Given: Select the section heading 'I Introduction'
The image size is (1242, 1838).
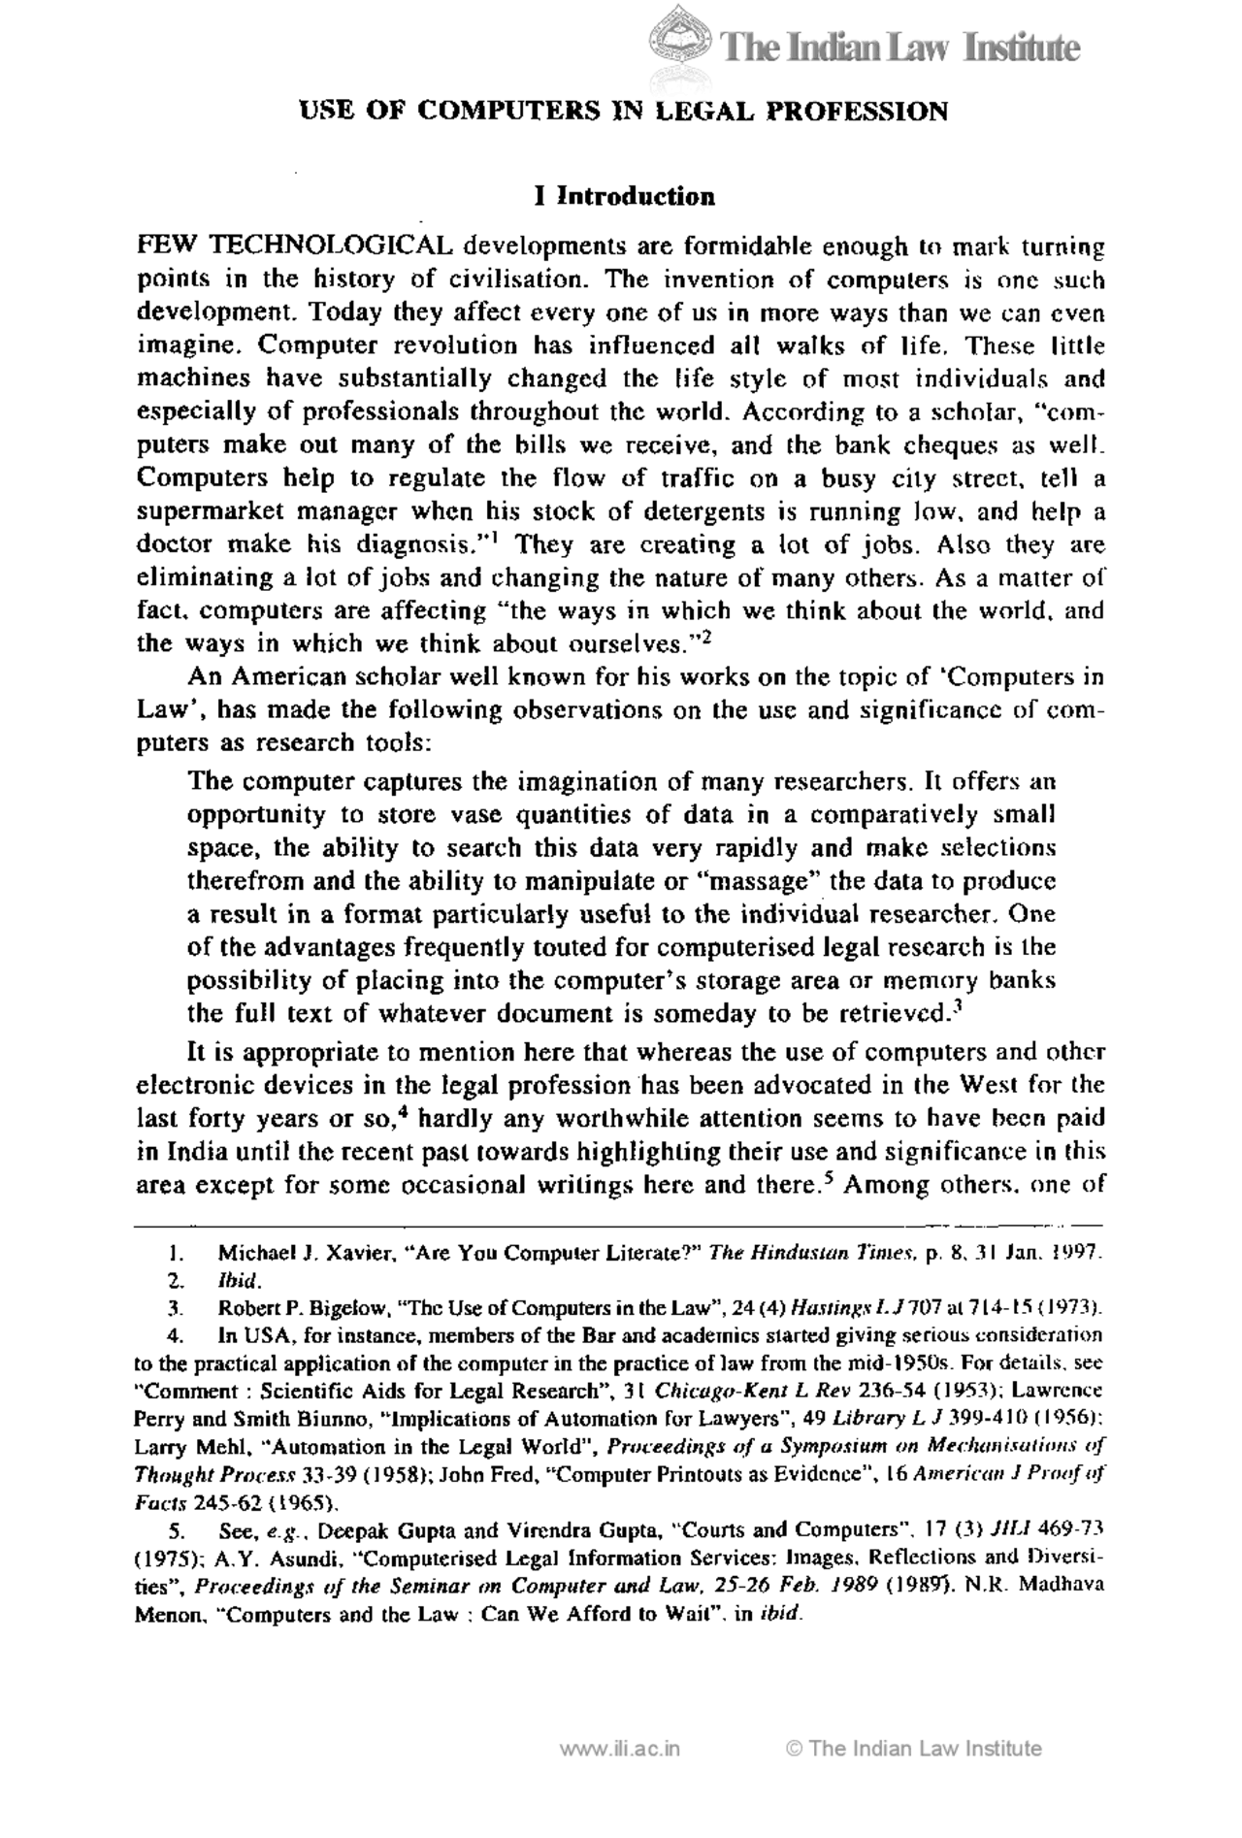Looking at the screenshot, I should [624, 197].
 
